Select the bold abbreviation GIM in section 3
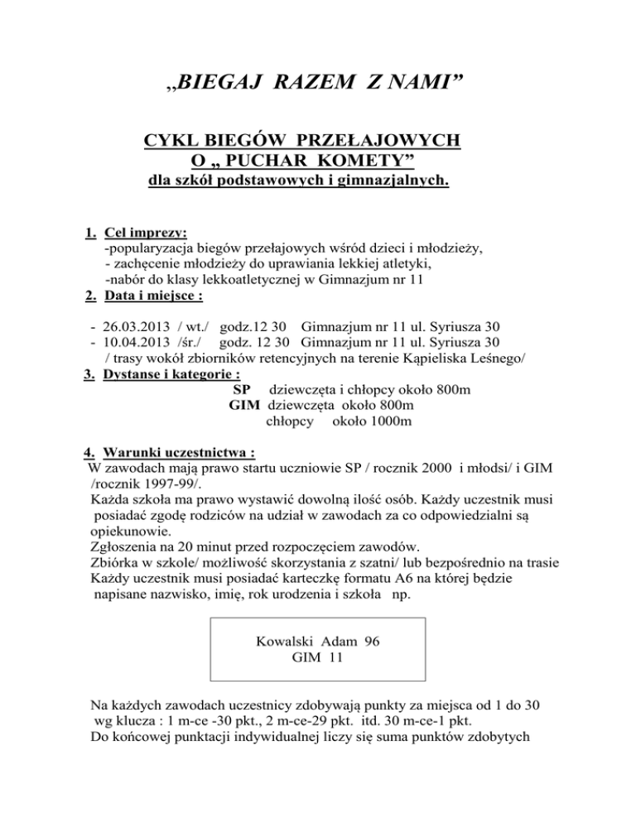point(244,406)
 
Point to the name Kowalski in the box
point(286,641)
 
